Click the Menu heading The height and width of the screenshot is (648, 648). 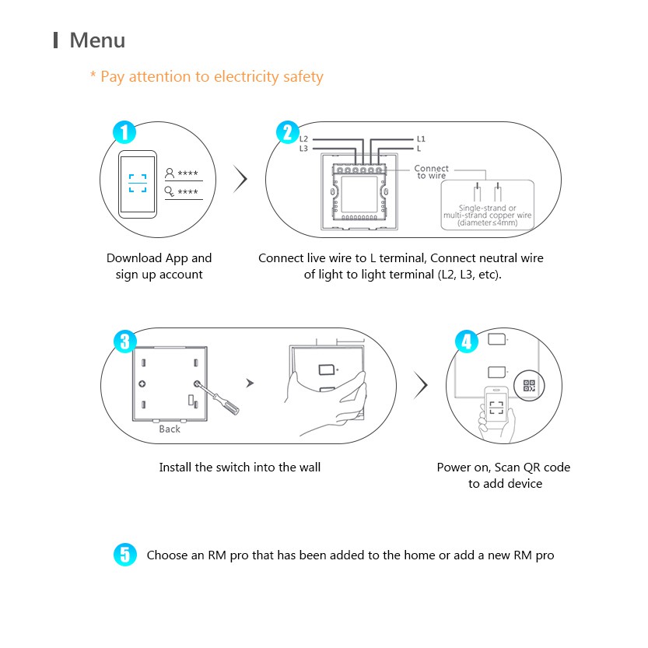[x=96, y=40]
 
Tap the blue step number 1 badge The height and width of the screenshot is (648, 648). [x=124, y=132]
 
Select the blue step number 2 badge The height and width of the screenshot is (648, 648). [x=288, y=132]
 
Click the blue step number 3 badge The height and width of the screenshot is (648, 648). [x=124, y=341]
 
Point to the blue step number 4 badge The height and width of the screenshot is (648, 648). [x=466, y=341]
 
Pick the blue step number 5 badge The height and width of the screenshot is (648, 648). [x=124, y=555]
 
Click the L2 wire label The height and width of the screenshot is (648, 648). [x=304, y=138]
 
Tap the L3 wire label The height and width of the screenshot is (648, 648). [x=304, y=148]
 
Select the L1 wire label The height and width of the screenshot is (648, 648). [x=421, y=138]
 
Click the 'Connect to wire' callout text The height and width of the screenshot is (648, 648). [x=431, y=172]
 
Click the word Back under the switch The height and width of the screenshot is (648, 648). [x=170, y=429]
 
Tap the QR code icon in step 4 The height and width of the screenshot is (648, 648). [x=529, y=386]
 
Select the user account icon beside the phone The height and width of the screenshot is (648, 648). [x=170, y=173]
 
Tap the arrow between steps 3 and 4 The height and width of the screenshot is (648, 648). [x=421, y=384]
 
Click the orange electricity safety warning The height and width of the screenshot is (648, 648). [x=206, y=76]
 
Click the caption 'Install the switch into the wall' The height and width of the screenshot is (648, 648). [x=240, y=468]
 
